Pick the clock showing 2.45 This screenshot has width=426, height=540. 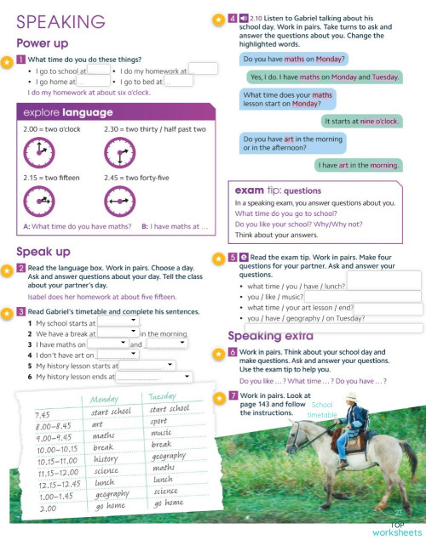point(124,201)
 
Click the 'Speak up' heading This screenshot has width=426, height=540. point(44,251)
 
